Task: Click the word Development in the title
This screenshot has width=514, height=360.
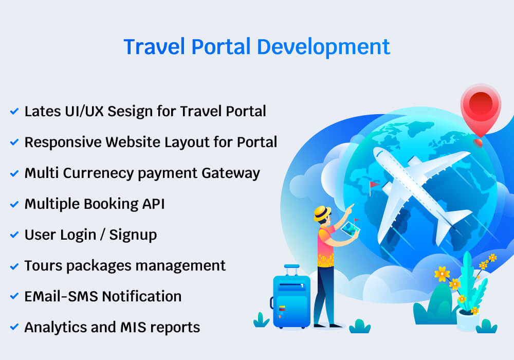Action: [x=323, y=47]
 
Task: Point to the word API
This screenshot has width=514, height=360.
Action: [x=153, y=204]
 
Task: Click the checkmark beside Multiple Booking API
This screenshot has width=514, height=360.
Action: [x=14, y=204]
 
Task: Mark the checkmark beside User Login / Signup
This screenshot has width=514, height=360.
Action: [x=14, y=235]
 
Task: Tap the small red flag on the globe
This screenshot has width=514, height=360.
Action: [x=373, y=185]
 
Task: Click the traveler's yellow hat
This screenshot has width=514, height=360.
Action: [x=322, y=212]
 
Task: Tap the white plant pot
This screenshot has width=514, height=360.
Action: [x=467, y=320]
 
